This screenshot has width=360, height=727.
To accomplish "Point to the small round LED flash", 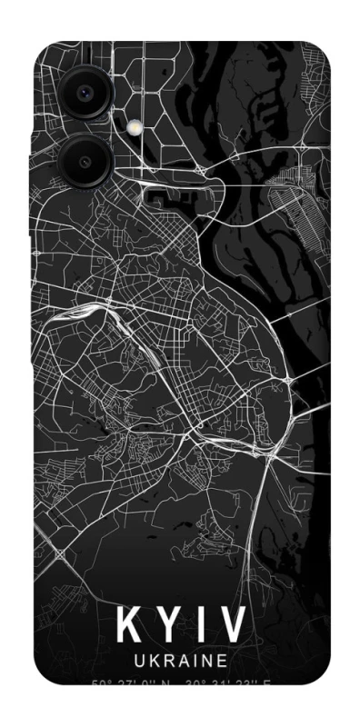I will pos(137,127).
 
